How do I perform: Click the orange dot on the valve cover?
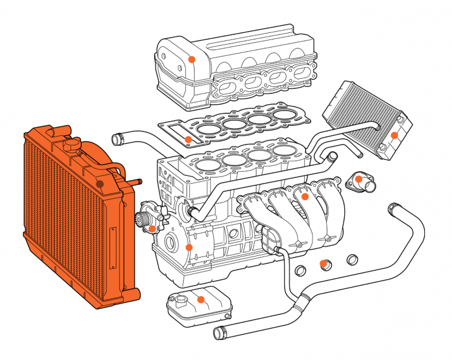click(x=191, y=59)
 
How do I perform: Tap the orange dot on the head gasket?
click(x=188, y=139)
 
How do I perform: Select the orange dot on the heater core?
click(x=395, y=135)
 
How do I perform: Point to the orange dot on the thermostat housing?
click(x=358, y=178)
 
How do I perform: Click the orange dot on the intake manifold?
click(x=305, y=196)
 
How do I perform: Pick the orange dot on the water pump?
click(x=152, y=228)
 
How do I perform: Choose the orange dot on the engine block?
click(x=188, y=247)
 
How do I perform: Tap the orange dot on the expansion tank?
click(x=201, y=299)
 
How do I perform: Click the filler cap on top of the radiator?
click(x=72, y=144)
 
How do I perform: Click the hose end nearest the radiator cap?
click(x=117, y=139)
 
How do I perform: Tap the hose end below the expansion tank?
click(x=219, y=334)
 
